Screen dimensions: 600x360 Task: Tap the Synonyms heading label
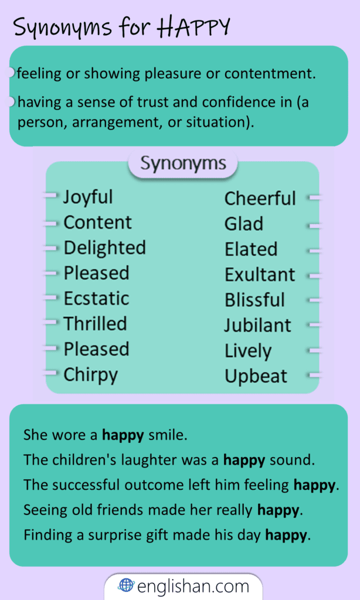[x=183, y=163]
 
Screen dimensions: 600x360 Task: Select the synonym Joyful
[x=88, y=197]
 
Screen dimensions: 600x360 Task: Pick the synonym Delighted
[x=104, y=248]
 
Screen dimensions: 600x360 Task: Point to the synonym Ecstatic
[x=96, y=298]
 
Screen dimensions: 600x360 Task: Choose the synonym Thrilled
[x=95, y=323]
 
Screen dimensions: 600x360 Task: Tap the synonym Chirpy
[x=90, y=374]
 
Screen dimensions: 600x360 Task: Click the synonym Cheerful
[x=260, y=199]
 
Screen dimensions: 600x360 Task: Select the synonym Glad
[x=243, y=224]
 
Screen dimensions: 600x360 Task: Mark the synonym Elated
[x=250, y=249]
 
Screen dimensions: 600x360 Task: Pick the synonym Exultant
[x=260, y=274]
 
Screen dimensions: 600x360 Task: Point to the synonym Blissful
[x=254, y=300]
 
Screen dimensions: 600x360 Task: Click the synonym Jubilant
[x=257, y=325]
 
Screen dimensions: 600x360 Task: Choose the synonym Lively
[x=248, y=351]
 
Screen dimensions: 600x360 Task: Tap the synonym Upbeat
[x=256, y=376]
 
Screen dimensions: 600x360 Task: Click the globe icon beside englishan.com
[x=126, y=585]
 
